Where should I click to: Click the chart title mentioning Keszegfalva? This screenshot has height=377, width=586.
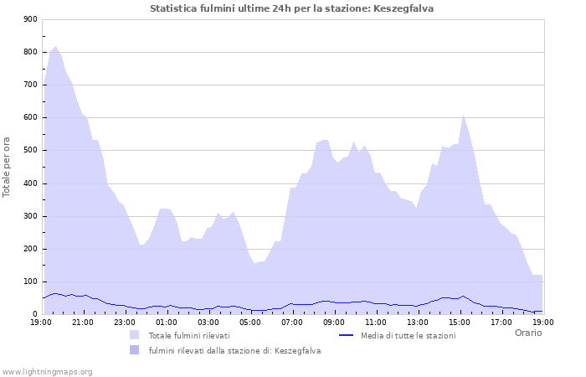coord(291,8)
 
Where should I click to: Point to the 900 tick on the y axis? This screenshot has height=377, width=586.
coord(30,19)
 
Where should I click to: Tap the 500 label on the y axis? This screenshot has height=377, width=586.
coord(30,151)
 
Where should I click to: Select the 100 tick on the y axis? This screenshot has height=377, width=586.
coord(30,282)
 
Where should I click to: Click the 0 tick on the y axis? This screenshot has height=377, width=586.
coord(34,315)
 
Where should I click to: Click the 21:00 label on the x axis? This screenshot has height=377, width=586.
coord(83,322)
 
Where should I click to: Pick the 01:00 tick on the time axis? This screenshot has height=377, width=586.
coord(167,322)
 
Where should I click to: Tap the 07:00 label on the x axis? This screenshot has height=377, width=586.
coord(292,322)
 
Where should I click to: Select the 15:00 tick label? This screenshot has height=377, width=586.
coord(460,322)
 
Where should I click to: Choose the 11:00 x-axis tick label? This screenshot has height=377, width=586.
coord(376,322)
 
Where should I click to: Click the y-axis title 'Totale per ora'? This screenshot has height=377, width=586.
coord(8,167)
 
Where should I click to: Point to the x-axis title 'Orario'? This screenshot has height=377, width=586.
coord(528,333)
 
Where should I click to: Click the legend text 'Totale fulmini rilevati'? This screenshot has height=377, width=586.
coord(189,336)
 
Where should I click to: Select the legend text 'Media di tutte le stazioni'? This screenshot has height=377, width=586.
coord(408,336)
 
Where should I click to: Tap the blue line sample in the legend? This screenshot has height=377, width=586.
coord(347,335)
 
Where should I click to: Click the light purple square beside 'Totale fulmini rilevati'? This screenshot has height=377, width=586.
coord(134,335)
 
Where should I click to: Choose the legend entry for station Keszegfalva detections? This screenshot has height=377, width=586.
coord(234,351)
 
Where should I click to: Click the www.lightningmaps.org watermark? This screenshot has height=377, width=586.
coord(47,371)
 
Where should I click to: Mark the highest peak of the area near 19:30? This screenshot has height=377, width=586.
coord(55,47)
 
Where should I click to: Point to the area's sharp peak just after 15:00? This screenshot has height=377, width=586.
coord(463,115)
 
